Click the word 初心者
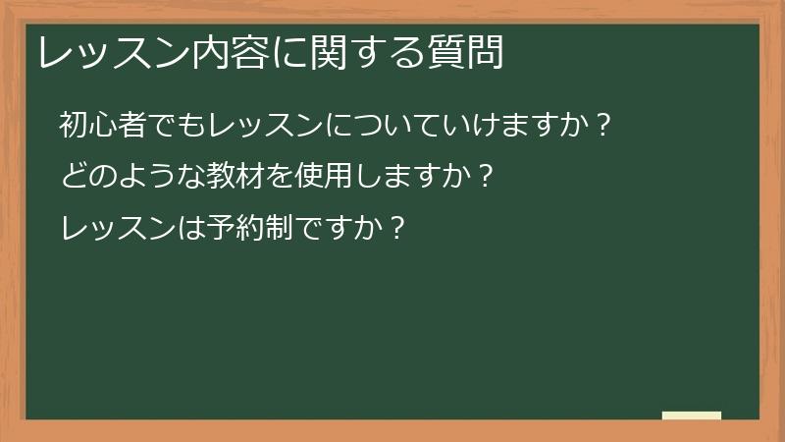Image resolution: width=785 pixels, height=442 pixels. pyautogui.click(x=104, y=125)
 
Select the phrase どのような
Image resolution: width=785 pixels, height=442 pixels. pyautogui.click(x=133, y=177)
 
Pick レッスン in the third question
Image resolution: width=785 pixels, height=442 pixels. pyautogui.click(x=119, y=229)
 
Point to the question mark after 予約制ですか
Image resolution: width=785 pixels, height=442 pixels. pyautogui.click(x=396, y=229)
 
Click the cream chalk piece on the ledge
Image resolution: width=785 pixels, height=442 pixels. pyautogui.click(x=691, y=415)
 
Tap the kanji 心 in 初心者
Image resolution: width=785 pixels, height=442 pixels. pyautogui.click(x=104, y=125)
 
